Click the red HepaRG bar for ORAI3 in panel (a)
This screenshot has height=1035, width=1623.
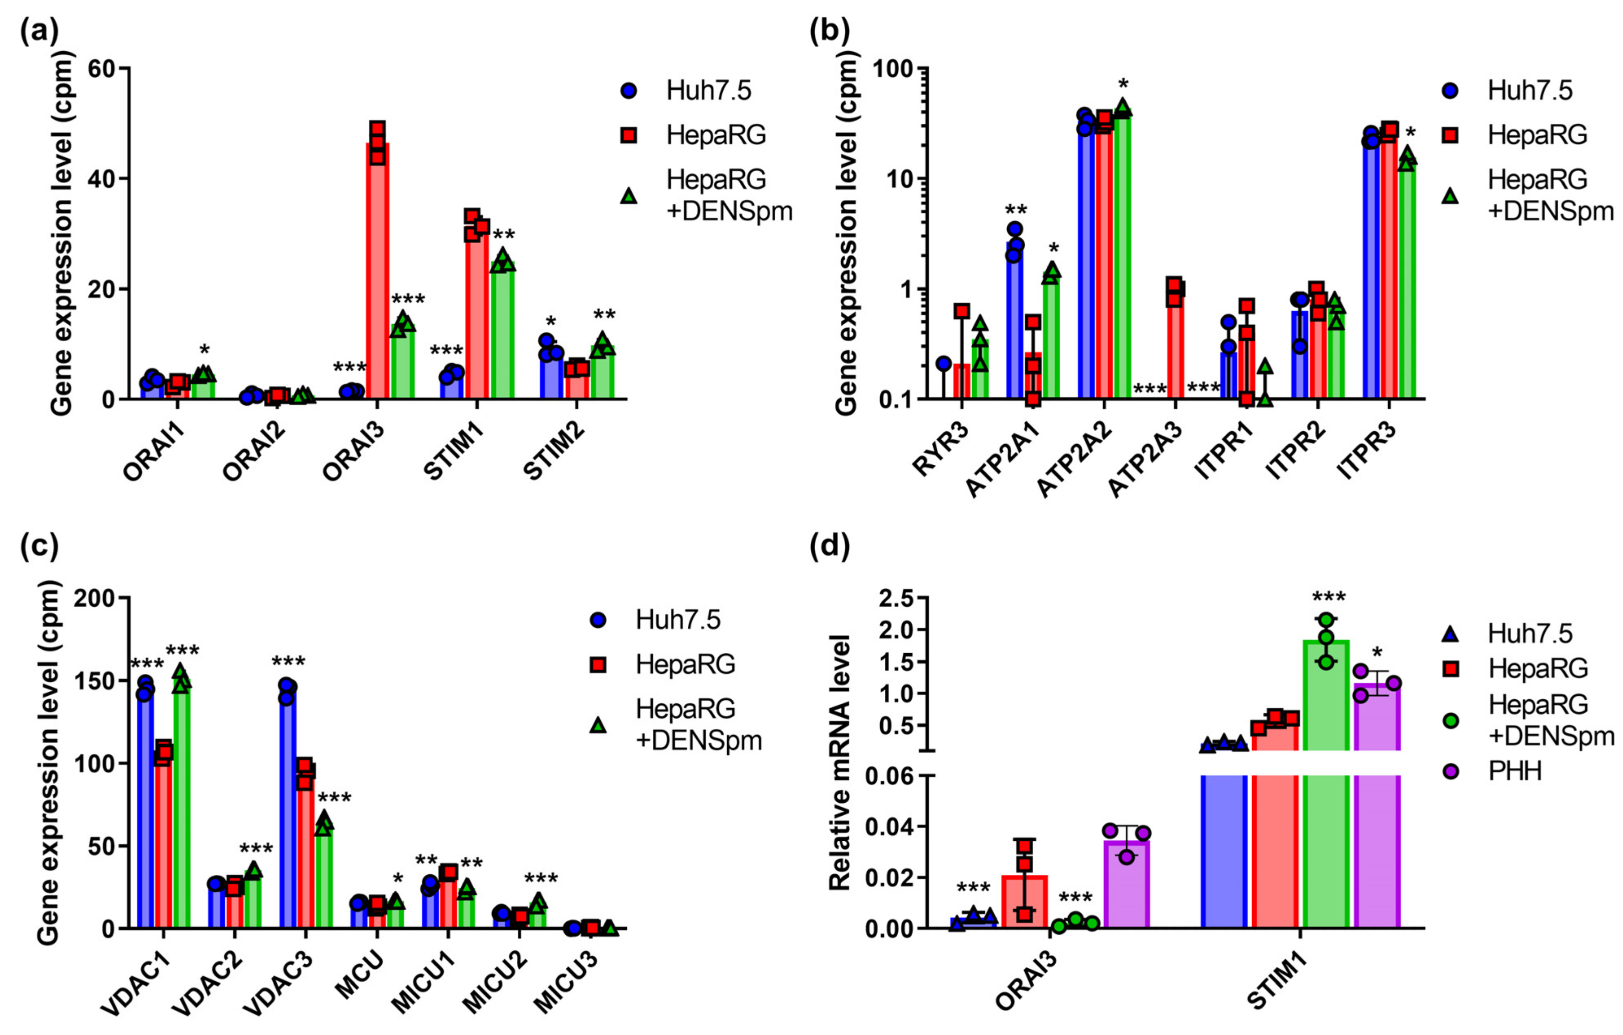(x=377, y=269)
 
